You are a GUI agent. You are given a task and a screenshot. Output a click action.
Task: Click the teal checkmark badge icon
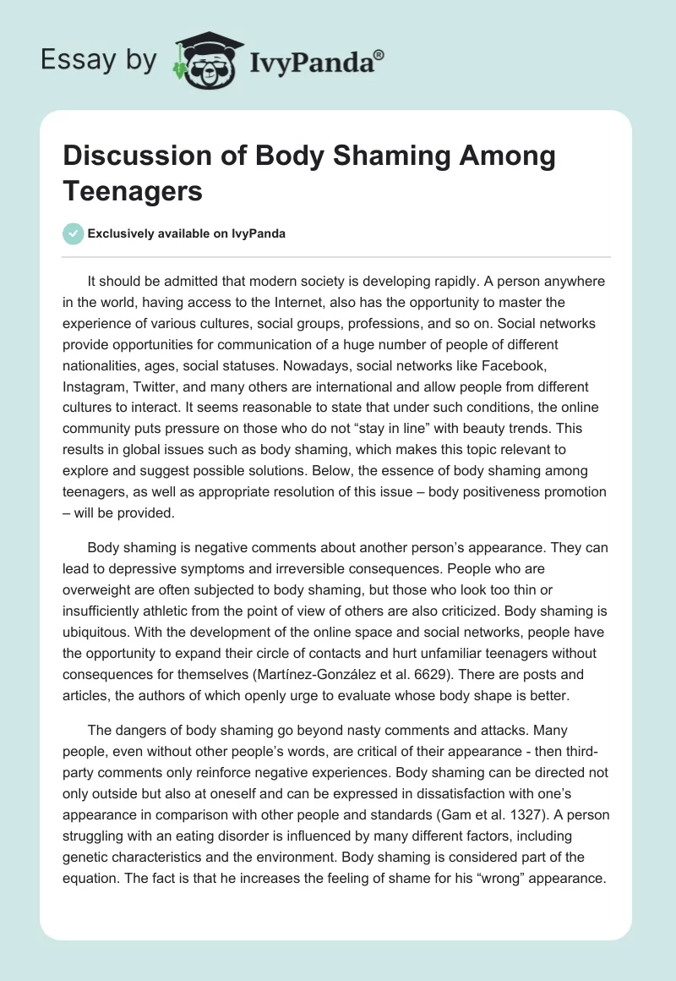pos(73,233)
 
